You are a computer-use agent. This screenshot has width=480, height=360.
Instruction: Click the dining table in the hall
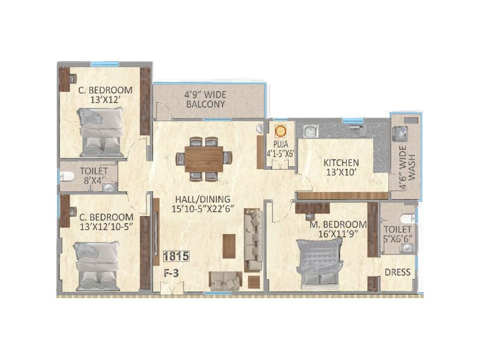203,158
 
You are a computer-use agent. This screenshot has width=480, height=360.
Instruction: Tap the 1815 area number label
176,256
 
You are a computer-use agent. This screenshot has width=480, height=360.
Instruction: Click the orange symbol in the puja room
279,130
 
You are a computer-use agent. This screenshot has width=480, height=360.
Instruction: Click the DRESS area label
397,272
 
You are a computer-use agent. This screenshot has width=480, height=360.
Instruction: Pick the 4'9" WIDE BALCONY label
205,98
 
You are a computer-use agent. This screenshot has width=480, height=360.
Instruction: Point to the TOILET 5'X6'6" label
397,234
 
